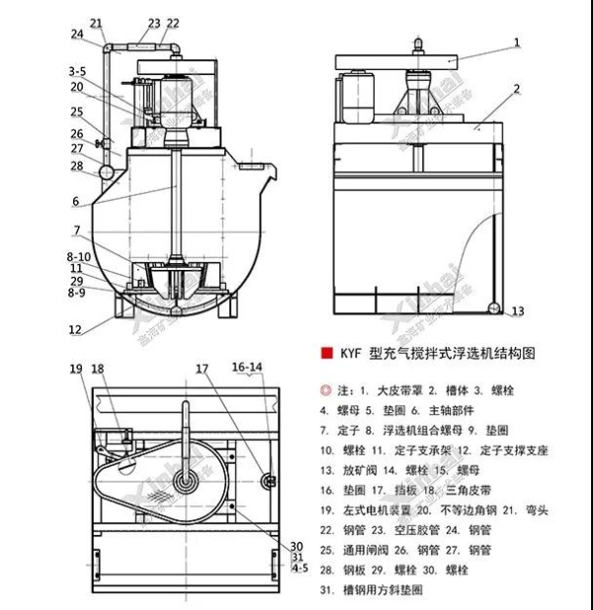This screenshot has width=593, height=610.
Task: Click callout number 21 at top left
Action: (96, 23)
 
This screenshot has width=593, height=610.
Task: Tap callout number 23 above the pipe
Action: (153, 22)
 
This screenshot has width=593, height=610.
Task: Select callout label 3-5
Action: (77, 71)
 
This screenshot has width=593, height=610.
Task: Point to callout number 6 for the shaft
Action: (75, 201)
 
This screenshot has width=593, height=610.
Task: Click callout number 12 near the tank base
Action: (75, 329)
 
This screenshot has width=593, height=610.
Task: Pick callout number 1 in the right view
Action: (516, 43)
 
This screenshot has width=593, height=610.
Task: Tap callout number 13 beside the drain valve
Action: (518, 311)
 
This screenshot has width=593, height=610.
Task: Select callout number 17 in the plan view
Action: (202, 369)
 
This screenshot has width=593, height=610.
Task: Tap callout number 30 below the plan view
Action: (296, 546)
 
